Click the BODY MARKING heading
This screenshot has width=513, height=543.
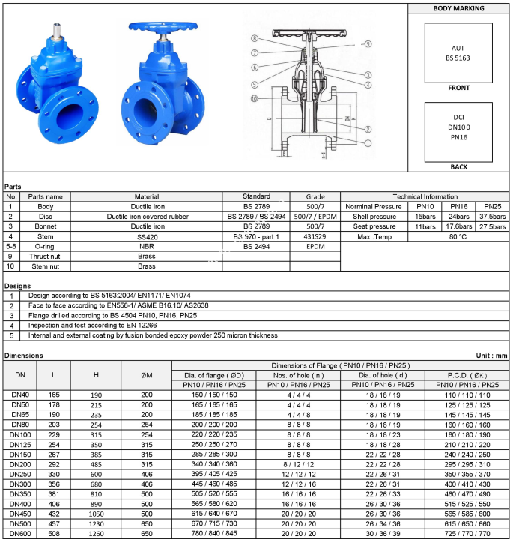(x=458, y=8)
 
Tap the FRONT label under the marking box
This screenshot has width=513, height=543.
(x=458, y=88)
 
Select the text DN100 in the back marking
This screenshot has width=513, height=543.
(x=458, y=127)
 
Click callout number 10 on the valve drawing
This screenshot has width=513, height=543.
(x=255, y=99)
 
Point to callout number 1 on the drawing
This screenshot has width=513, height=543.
(x=368, y=142)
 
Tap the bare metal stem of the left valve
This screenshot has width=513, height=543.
(x=55, y=37)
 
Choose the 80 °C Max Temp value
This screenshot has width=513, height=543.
(x=458, y=236)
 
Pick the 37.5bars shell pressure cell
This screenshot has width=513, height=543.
(x=492, y=216)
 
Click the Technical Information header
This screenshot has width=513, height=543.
(x=424, y=196)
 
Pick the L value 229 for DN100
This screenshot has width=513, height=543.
(x=54, y=434)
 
